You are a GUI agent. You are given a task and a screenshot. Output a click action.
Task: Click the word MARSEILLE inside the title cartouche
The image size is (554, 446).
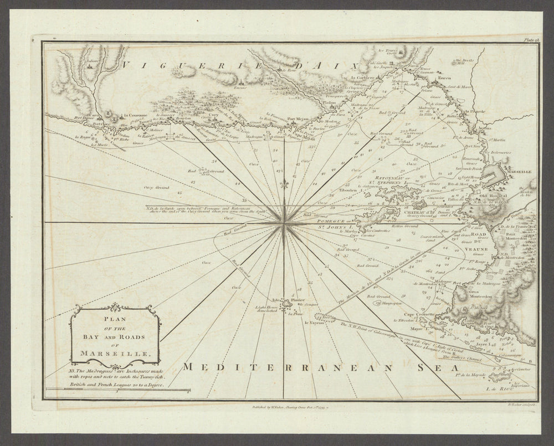click(x=114, y=352)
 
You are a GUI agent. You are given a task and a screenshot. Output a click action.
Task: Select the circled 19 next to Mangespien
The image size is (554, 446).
click(x=377, y=303)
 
